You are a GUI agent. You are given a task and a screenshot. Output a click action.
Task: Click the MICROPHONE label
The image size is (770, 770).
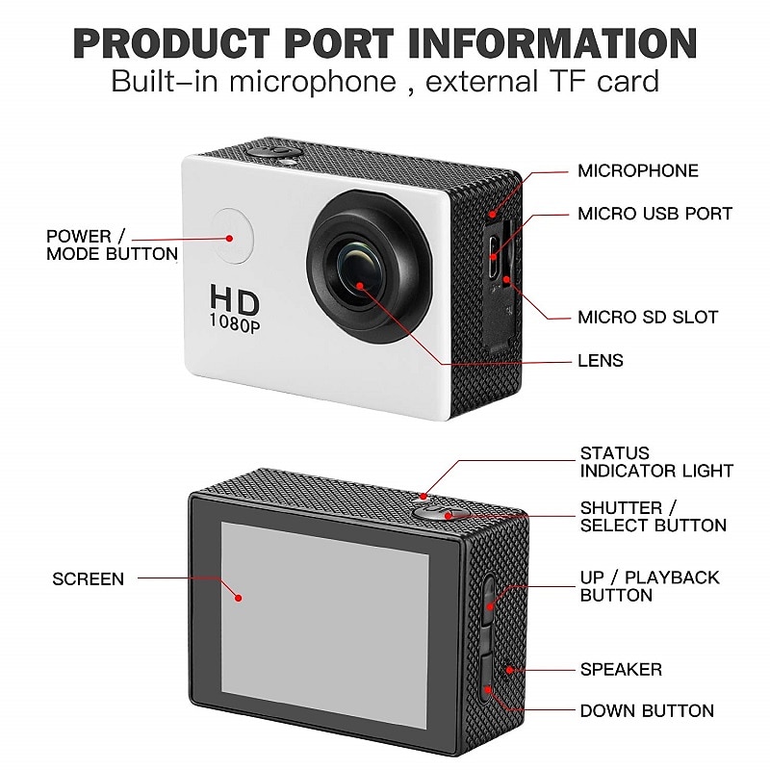637,171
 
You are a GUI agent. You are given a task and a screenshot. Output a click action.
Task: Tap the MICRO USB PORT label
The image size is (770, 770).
654,214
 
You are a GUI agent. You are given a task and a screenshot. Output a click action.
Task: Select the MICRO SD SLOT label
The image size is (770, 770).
647,317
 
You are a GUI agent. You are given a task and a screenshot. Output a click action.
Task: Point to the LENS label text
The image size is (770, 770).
601,361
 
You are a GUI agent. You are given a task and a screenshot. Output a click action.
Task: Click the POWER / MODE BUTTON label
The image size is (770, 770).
112,244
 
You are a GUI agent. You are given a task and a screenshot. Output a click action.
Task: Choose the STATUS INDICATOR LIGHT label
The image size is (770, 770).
656,462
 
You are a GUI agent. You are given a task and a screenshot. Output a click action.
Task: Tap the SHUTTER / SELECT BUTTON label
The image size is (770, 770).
653,517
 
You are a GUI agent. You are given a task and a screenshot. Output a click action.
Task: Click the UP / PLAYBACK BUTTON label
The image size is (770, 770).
650,586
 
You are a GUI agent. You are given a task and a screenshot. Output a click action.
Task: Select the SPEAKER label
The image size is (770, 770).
621,669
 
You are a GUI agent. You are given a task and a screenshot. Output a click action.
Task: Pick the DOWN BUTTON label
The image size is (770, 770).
647,711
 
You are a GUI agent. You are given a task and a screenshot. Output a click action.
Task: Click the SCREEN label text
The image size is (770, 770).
88,579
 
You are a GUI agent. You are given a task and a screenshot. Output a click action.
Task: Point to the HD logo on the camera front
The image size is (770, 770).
231,300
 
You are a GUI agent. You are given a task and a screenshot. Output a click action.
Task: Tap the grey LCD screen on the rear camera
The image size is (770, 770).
324,625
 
